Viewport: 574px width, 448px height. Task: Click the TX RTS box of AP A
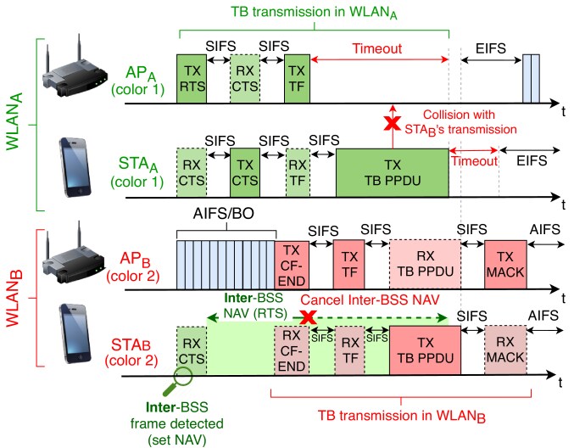(x=190, y=78)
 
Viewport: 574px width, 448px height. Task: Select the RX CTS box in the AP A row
(x=244, y=78)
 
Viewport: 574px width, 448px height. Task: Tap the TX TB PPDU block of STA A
(x=392, y=173)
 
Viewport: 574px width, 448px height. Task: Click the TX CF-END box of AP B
(x=291, y=266)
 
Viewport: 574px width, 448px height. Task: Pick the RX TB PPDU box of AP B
(x=425, y=266)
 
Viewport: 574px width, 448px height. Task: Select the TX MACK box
(x=505, y=266)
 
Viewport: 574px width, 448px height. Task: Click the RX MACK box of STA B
(x=505, y=350)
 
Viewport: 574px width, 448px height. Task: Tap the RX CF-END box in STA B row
(x=291, y=350)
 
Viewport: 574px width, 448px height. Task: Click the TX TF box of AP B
(x=348, y=266)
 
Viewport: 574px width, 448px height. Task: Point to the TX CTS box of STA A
(x=244, y=173)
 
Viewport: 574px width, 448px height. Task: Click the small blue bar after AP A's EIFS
(x=531, y=78)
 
